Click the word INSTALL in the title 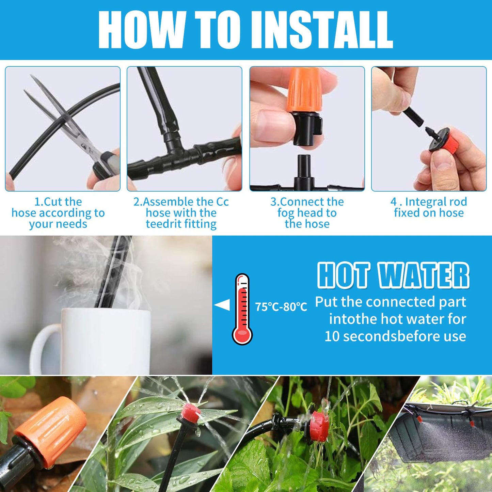pos(322,30)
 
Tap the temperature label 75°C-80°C pos(281,307)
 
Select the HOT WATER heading pos(393,275)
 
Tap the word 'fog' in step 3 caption pos(285,213)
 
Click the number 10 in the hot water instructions pos(332,336)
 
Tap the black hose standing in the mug pos(112,272)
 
